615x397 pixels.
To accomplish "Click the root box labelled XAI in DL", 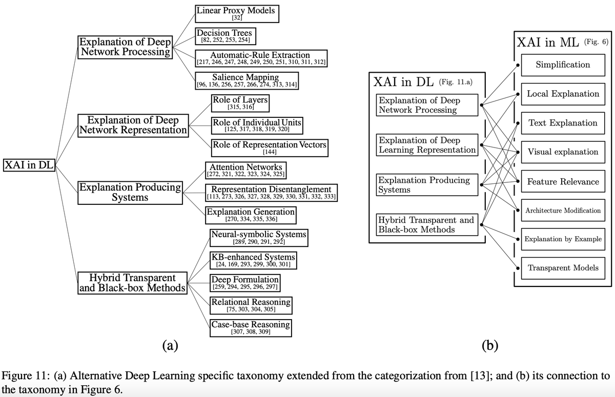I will click(29, 165).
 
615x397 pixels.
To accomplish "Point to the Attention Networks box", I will click(245, 170).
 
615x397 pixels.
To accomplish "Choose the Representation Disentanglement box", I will click(271, 192).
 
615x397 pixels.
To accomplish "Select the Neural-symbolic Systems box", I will click(258, 238).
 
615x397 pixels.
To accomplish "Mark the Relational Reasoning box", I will click(251, 305).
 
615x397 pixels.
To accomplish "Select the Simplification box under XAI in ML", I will click(562, 65).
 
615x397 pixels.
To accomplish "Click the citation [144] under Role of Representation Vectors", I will click(269, 152).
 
